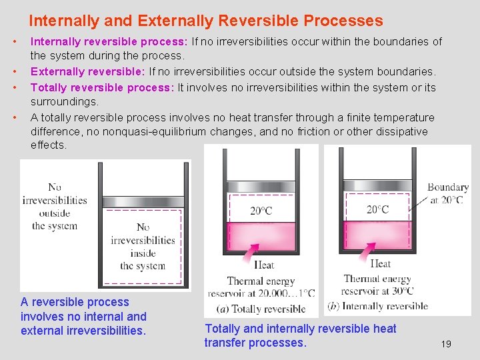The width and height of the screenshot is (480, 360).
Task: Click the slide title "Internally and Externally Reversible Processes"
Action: (x=205, y=21)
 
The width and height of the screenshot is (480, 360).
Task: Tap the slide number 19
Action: (x=446, y=344)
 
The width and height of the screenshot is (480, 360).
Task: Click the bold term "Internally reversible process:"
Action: (x=109, y=42)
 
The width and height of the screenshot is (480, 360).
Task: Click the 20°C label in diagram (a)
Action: (x=261, y=211)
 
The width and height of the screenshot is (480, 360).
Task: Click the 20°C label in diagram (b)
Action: (x=377, y=210)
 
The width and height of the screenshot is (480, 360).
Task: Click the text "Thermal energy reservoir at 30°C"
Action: (x=378, y=285)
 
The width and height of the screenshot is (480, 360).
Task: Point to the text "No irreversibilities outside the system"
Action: (x=55, y=207)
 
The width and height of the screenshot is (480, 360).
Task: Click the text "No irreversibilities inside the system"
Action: (x=143, y=247)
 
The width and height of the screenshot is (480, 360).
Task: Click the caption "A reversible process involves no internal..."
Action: (x=83, y=316)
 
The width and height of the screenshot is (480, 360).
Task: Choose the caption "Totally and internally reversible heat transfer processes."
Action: (x=300, y=335)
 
